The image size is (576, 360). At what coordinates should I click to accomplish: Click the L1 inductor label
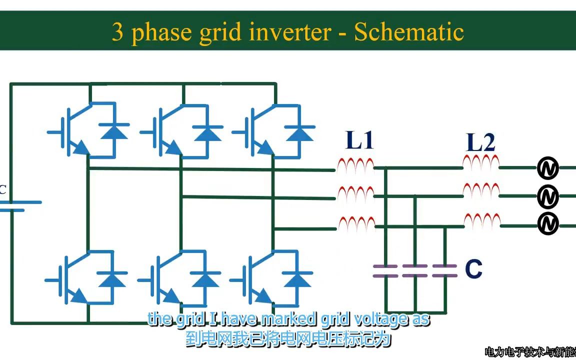coord(360,140)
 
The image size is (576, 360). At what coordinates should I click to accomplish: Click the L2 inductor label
coord(480,142)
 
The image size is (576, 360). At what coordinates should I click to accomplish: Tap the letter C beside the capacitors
coord(473,269)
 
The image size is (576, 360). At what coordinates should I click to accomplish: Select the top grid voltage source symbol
coord(547,169)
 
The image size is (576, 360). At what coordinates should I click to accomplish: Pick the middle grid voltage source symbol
coord(547,197)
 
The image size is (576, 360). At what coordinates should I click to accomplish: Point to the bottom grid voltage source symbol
coord(547,224)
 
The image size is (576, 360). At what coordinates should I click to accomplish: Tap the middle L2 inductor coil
coord(481,190)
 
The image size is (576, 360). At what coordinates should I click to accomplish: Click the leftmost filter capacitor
coord(385,271)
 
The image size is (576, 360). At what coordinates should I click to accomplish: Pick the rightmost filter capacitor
coord(445,271)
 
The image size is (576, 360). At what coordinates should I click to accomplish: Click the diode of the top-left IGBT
coord(114,131)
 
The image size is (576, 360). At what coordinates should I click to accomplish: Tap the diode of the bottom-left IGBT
coord(112,278)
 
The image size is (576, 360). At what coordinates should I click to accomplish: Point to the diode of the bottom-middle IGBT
coord(204,278)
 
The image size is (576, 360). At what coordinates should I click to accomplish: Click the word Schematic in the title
coord(409,32)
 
